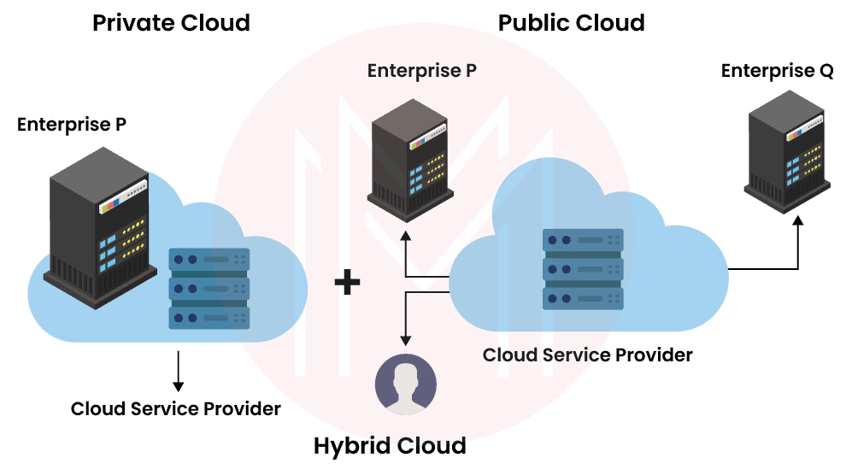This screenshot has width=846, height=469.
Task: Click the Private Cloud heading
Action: (x=171, y=22)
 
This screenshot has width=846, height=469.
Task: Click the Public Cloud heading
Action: (x=572, y=22)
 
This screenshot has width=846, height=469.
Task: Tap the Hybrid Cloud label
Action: (x=390, y=446)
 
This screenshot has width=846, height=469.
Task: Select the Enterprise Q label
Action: (x=777, y=71)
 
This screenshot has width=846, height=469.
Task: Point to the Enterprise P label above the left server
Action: (x=73, y=125)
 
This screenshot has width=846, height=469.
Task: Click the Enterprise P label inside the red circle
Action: (x=422, y=71)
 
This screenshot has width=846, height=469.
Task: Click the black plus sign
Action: (x=347, y=283)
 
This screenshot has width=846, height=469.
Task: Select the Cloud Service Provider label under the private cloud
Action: (x=176, y=408)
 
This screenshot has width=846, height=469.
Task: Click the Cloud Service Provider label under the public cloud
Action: (x=587, y=354)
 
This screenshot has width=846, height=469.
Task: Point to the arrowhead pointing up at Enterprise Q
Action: (x=798, y=221)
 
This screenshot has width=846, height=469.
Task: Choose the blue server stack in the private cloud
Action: (x=209, y=289)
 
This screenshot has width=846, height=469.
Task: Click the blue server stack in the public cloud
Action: (x=584, y=269)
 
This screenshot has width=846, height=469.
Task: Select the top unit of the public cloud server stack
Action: (x=584, y=240)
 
